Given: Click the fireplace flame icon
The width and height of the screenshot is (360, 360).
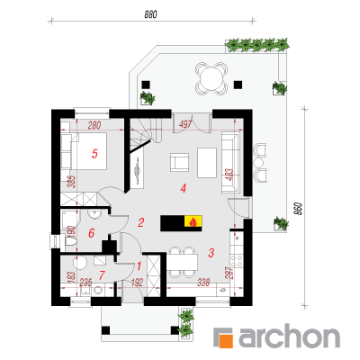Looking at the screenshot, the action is click(x=193, y=222).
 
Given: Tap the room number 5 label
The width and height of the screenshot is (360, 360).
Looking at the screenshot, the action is click(x=94, y=154).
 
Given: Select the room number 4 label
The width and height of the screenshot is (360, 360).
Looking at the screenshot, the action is click(x=184, y=188).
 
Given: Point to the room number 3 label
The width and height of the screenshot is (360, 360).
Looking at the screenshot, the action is click(x=211, y=253).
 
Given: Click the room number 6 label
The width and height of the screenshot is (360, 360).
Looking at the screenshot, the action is click(x=92, y=233).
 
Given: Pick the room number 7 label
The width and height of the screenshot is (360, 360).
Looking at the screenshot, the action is click(x=102, y=274).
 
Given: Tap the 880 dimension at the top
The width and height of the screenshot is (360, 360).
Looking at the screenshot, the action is click(x=150, y=14).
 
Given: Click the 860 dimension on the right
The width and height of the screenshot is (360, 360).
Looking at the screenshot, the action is click(x=298, y=209).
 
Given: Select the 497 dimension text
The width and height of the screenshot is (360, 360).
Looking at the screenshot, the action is click(x=185, y=124).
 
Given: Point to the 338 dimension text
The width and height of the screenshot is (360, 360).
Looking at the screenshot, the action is click(x=203, y=283).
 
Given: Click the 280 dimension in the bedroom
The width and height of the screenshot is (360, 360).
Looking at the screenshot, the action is click(x=94, y=125).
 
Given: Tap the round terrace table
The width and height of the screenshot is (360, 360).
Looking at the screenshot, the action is click(x=211, y=77).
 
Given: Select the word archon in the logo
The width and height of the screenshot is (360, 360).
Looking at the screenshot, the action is click(x=289, y=336).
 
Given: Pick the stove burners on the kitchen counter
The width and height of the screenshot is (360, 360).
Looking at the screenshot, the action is click(x=237, y=260).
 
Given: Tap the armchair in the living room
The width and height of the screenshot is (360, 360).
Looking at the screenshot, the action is click(x=180, y=162).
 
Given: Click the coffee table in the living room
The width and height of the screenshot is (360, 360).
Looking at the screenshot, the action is click(x=207, y=162).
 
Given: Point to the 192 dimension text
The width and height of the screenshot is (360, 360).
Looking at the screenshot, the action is click(x=137, y=283).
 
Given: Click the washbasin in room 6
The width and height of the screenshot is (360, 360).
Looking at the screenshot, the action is click(x=94, y=214).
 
